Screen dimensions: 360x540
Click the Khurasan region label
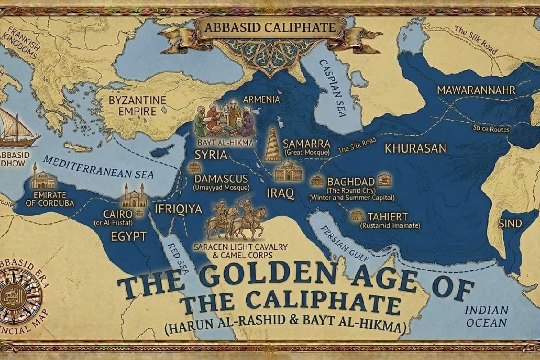coord(415,148)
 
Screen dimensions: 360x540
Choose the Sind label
coord(510,223)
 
